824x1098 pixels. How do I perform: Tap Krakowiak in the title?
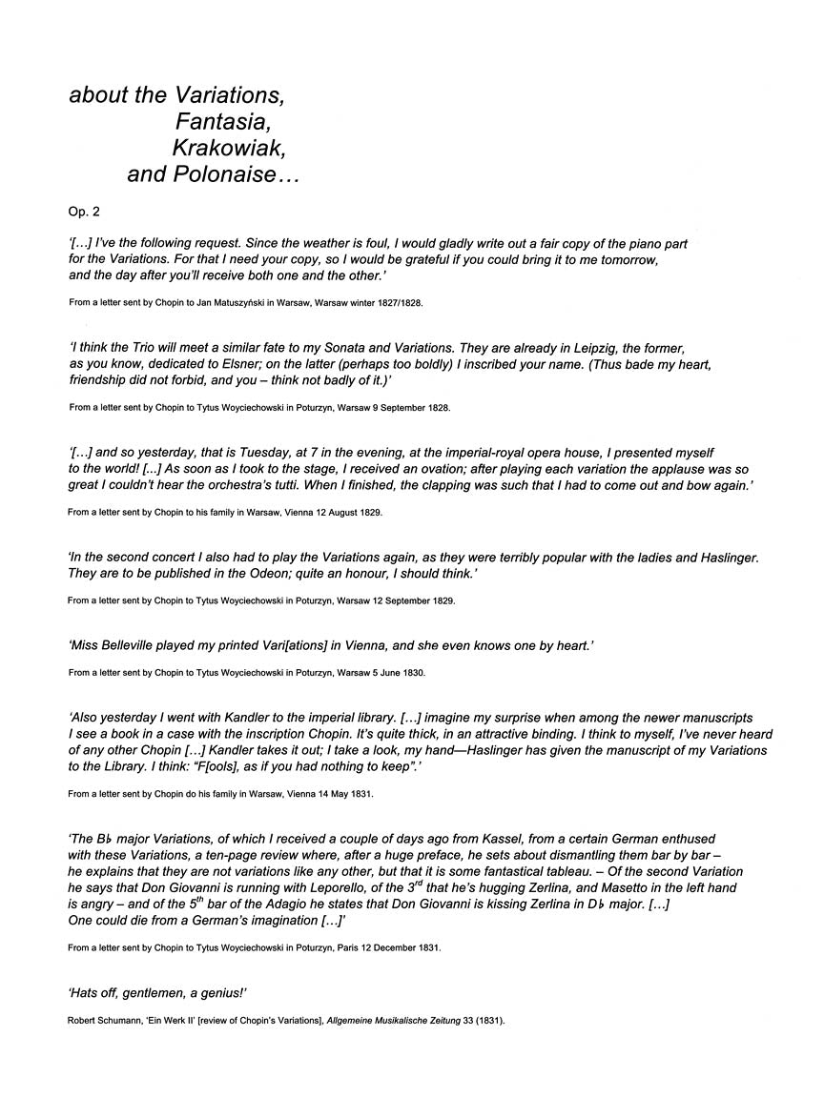click(229, 149)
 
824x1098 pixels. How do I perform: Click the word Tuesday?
click(257, 453)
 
